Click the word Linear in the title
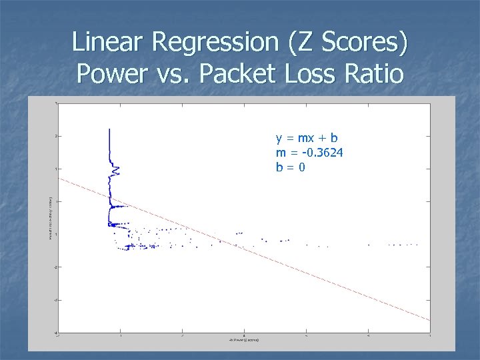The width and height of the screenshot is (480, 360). [108, 43]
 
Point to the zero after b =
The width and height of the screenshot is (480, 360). [302, 167]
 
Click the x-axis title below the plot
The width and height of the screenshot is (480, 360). [244, 340]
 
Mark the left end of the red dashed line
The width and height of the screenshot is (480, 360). [59, 178]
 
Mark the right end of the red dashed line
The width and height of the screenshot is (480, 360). [429, 321]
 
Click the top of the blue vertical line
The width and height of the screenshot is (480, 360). [109, 129]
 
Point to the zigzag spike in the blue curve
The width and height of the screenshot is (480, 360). [115, 170]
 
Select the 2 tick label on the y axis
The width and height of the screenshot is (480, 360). [55, 136]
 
